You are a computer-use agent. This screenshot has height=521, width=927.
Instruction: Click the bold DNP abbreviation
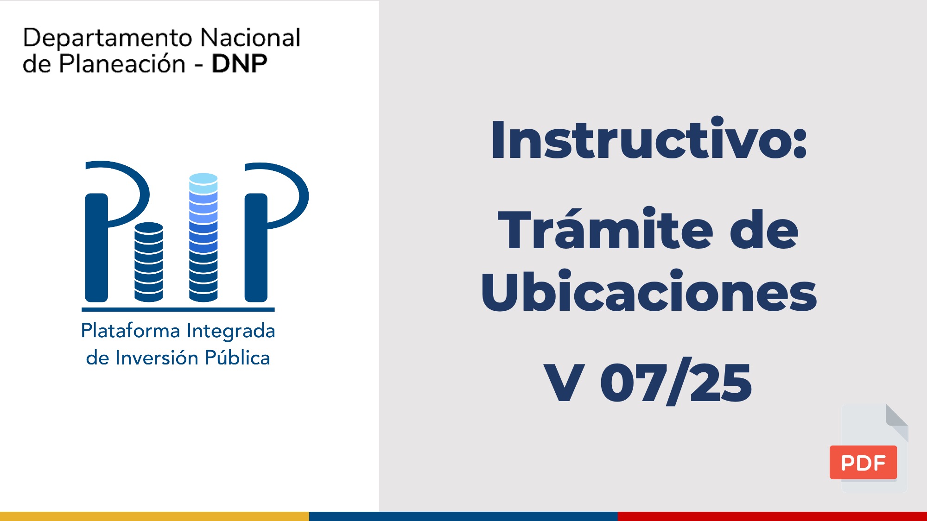(x=239, y=64)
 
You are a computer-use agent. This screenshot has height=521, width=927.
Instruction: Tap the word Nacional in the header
(x=251, y=38)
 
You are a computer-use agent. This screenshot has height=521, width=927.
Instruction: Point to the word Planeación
(x=122, y=63)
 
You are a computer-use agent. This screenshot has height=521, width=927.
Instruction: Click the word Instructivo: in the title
(x=649, y=138)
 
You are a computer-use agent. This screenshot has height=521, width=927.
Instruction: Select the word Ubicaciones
(x=648, y=291)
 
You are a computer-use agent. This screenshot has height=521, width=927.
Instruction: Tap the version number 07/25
(x=676, y=382)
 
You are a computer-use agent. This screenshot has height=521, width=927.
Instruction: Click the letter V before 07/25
(x=564, y=382)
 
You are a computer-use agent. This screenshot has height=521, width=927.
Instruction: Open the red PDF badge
(x=863, y=462)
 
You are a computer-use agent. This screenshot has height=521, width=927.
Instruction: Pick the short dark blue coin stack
(x=149, y=262)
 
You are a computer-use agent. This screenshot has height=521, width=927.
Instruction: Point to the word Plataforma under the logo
(x=130, y=331)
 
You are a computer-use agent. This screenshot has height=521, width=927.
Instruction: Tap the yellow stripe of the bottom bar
(x=154, y=516)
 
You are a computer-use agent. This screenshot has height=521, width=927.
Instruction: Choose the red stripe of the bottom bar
(x=772, y=516)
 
